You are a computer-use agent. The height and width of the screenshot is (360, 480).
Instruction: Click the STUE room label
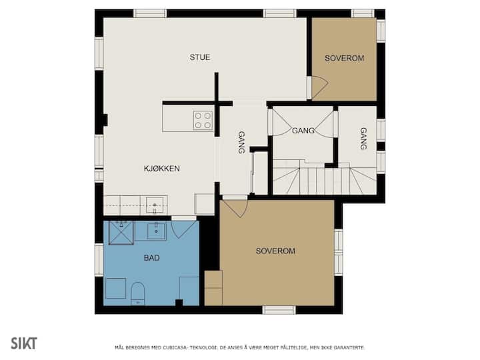point(199,57)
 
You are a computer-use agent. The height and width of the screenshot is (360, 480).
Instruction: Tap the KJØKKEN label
point(161,169)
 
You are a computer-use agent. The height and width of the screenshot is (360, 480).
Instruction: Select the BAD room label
point(151,258)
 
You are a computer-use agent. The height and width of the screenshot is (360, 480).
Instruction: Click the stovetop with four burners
point(203,120)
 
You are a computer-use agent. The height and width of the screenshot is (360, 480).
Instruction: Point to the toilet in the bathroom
point(138,293)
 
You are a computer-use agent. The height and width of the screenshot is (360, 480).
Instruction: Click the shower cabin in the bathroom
point(121,233)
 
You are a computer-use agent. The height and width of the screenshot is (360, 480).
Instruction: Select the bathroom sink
point(157,231)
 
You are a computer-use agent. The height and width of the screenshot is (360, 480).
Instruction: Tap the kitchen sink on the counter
point(155,205)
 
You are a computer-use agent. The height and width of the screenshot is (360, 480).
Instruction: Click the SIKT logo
point(24,343)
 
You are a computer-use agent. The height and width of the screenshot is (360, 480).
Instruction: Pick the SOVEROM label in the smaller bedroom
point(345,58)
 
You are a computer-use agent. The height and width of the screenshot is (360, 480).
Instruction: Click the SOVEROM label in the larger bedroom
point(275,251)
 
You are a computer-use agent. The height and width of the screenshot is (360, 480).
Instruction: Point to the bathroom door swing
point(185,229)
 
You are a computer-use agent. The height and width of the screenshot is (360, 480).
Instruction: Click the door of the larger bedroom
point(235,209)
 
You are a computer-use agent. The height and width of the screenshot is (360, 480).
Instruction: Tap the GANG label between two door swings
point(303,131)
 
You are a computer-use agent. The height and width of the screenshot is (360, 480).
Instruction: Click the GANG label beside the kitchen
point(241,143)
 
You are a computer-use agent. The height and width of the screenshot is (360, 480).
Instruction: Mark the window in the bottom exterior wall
point(279,310)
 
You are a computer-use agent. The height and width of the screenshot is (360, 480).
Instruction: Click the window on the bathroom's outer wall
point(99,259)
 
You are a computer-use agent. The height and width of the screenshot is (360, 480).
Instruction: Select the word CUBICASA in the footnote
point(173,347)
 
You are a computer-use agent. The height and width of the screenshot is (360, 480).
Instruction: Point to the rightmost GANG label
point(363,139)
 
